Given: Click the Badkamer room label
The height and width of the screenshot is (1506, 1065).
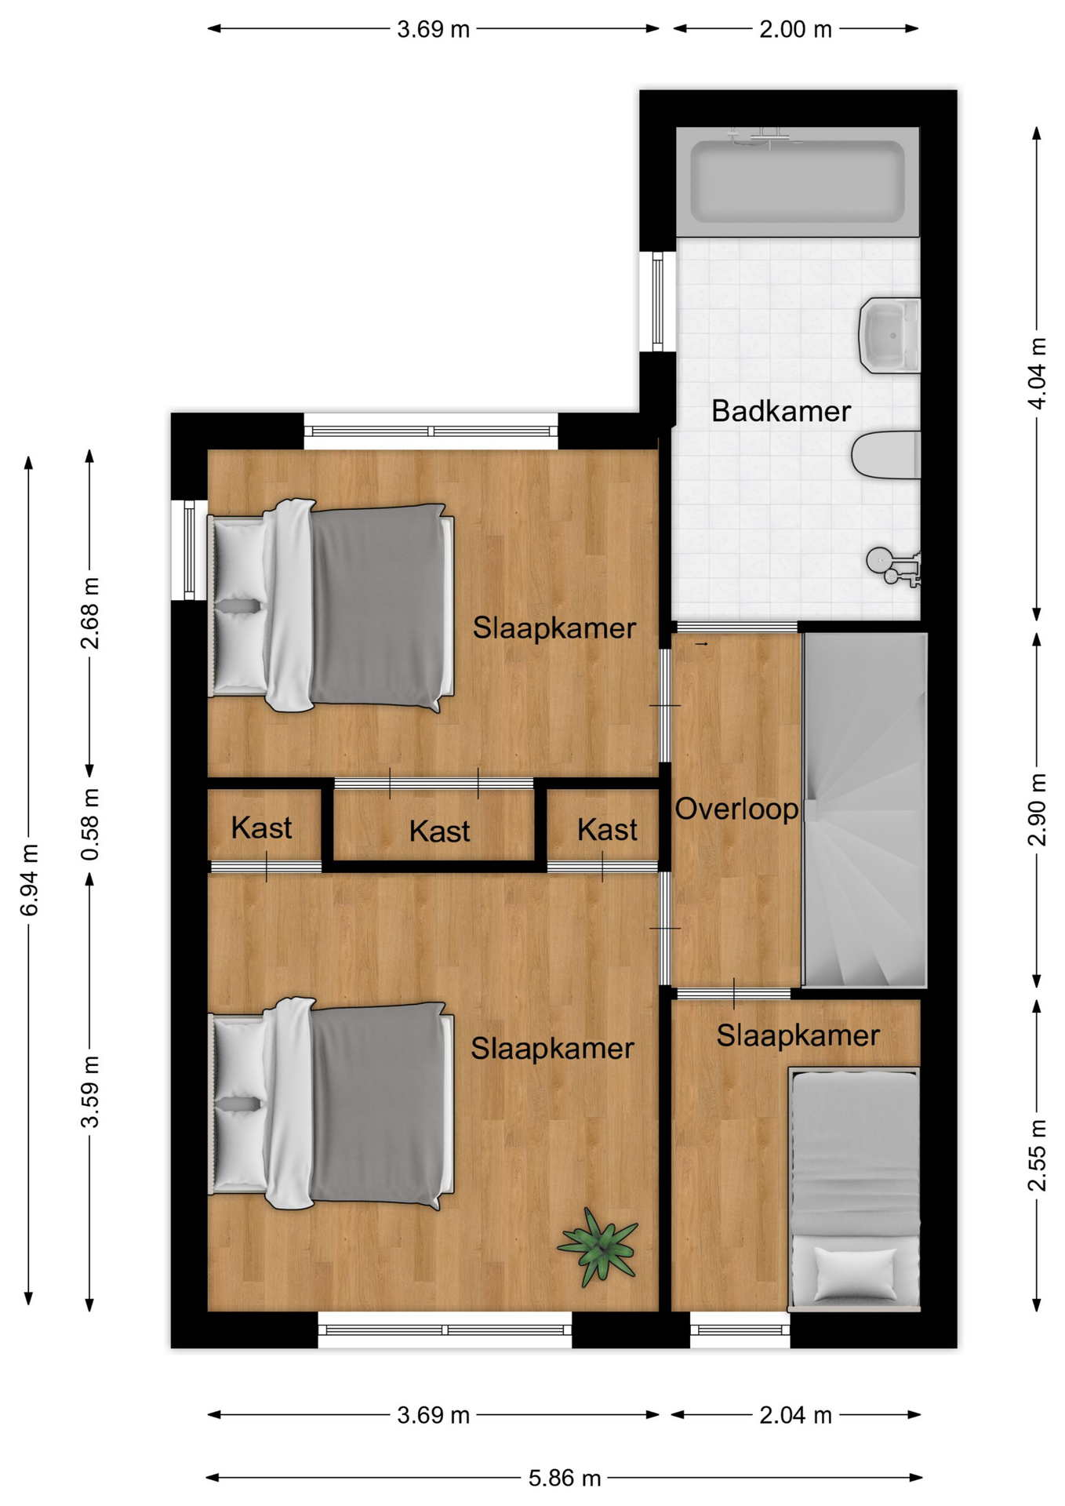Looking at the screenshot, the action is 780,411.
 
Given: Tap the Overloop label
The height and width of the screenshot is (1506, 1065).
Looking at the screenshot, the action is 736,809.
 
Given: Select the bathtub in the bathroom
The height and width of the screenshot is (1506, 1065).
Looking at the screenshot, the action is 797,181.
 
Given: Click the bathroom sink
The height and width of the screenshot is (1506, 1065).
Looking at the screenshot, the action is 889,335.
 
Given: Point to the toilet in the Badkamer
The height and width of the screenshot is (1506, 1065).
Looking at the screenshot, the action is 885,454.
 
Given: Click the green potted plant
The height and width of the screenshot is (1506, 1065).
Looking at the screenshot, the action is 599,1246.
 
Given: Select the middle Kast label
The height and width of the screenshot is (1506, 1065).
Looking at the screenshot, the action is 439,831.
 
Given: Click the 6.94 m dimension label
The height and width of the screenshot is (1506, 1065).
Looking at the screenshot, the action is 29,880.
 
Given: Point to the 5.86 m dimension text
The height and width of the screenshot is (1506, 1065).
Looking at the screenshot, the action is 565,1479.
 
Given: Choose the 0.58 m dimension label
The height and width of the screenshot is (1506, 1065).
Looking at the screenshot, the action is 90,824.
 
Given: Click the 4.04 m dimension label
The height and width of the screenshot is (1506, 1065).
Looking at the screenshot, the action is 1037,373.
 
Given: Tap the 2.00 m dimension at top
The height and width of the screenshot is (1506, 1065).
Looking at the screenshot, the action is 795,30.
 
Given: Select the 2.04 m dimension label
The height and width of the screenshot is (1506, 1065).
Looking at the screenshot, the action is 795,1415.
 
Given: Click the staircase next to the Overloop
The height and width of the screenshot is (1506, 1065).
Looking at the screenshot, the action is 864,809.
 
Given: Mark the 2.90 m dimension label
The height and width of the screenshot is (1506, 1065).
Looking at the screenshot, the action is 1037,809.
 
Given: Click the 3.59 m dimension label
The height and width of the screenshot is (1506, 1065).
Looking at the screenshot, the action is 90,1092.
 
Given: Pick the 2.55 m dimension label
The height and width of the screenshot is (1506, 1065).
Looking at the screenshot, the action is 1037,1155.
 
